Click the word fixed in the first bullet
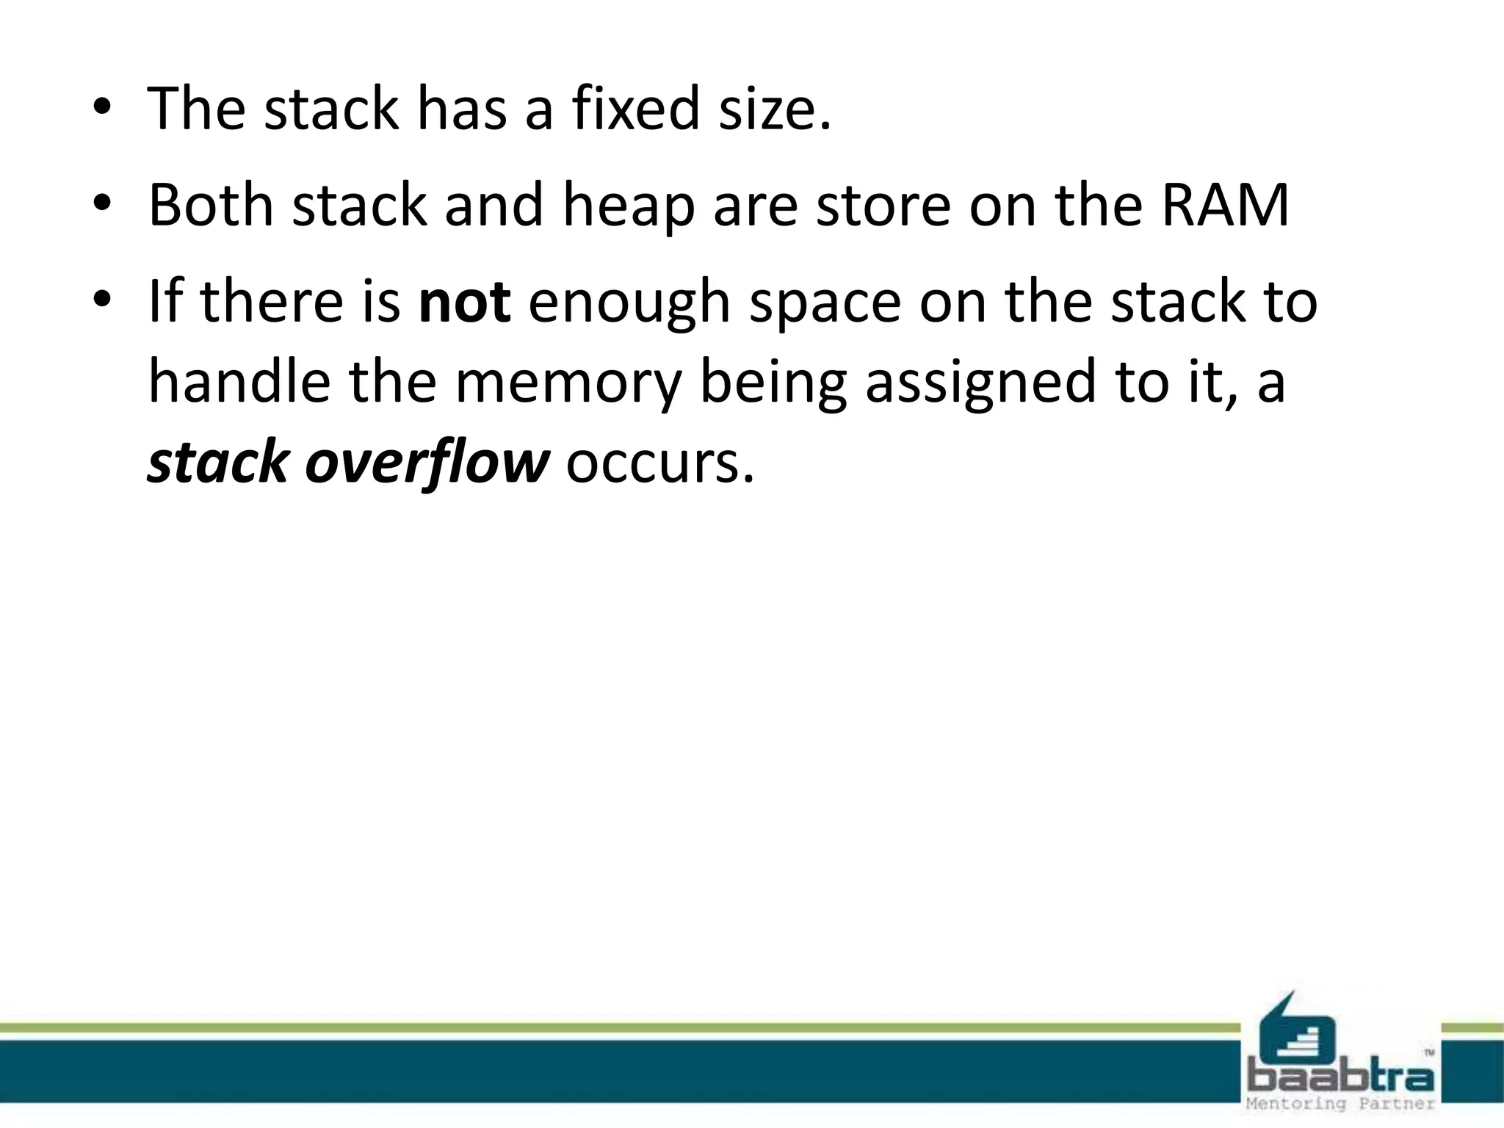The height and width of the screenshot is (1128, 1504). [636, 109]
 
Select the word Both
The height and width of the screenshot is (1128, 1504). [211, 205]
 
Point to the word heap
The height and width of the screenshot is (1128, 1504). [629, 206]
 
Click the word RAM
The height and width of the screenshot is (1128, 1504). [1225, 205]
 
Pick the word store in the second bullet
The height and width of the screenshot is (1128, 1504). [883, 205]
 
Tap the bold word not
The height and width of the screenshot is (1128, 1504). [464, 301]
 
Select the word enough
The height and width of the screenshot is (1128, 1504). [629, 303]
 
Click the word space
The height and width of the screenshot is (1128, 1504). [825, 303]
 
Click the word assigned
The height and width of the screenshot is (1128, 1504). [980, 383]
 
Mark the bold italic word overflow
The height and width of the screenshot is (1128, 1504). [427, 463]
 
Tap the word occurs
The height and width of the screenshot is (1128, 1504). [659, 463]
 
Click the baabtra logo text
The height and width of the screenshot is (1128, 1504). [1341, 1077]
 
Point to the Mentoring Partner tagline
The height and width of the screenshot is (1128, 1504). [1341, 1104]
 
